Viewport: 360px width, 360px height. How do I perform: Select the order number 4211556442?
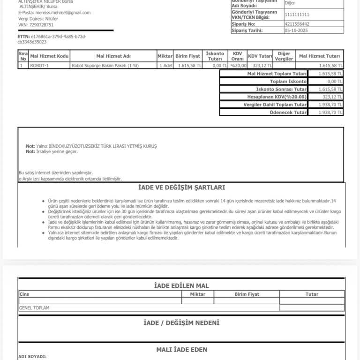(297, 23)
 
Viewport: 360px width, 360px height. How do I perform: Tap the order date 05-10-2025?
(297, 30)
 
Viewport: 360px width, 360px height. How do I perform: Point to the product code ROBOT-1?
(39, 66)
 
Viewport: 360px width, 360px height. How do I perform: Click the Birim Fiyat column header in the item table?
(187, 56)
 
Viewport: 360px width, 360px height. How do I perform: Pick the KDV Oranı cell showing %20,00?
(238, 66)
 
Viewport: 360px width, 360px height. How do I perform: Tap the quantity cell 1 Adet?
(165, 66)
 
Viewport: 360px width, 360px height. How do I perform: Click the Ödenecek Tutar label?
(288, 112)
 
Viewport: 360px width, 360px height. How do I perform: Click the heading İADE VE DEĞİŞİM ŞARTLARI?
(181, 187)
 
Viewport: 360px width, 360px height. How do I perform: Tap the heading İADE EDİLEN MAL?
(181, 285)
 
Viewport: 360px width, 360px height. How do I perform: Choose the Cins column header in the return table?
(24, 294)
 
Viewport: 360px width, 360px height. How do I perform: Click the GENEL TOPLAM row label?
(34, 308)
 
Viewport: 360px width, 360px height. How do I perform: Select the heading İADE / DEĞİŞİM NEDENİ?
(181, 323)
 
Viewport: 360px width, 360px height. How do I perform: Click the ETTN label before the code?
(23, 36)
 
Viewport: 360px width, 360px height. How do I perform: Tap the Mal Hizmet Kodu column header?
(49, 56)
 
